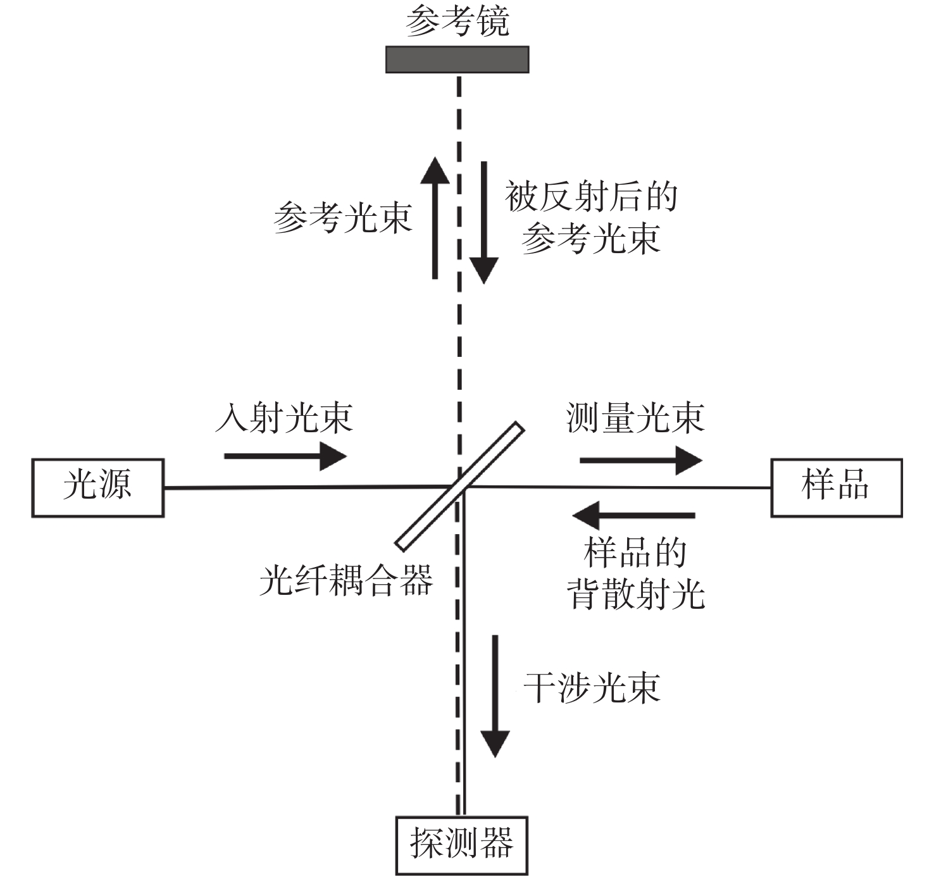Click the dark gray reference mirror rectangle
(x=457, y=59)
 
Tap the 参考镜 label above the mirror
(x=457, y=22)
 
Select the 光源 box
(x=98, y=488)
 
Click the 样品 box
(x=836, y=488)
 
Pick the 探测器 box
(x=461, y=845)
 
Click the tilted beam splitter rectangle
(x=460, y=486)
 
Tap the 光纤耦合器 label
(x=346, y=580)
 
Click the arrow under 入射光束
(x=285, y=456)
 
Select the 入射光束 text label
(x=284, y=418)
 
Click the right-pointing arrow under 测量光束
(x=640, y=460)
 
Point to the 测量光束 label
(x=635, y=418)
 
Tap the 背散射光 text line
(x=635, y=594)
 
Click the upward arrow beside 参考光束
(x=435, y=218)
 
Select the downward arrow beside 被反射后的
(x=484, y=221)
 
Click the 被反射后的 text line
(x=591, y=197)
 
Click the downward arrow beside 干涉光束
(x=495, y=696)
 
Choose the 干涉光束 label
(x=592, y=688)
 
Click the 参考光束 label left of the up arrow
(x=343, y=218)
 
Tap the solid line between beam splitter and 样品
(x=620, y=487)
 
